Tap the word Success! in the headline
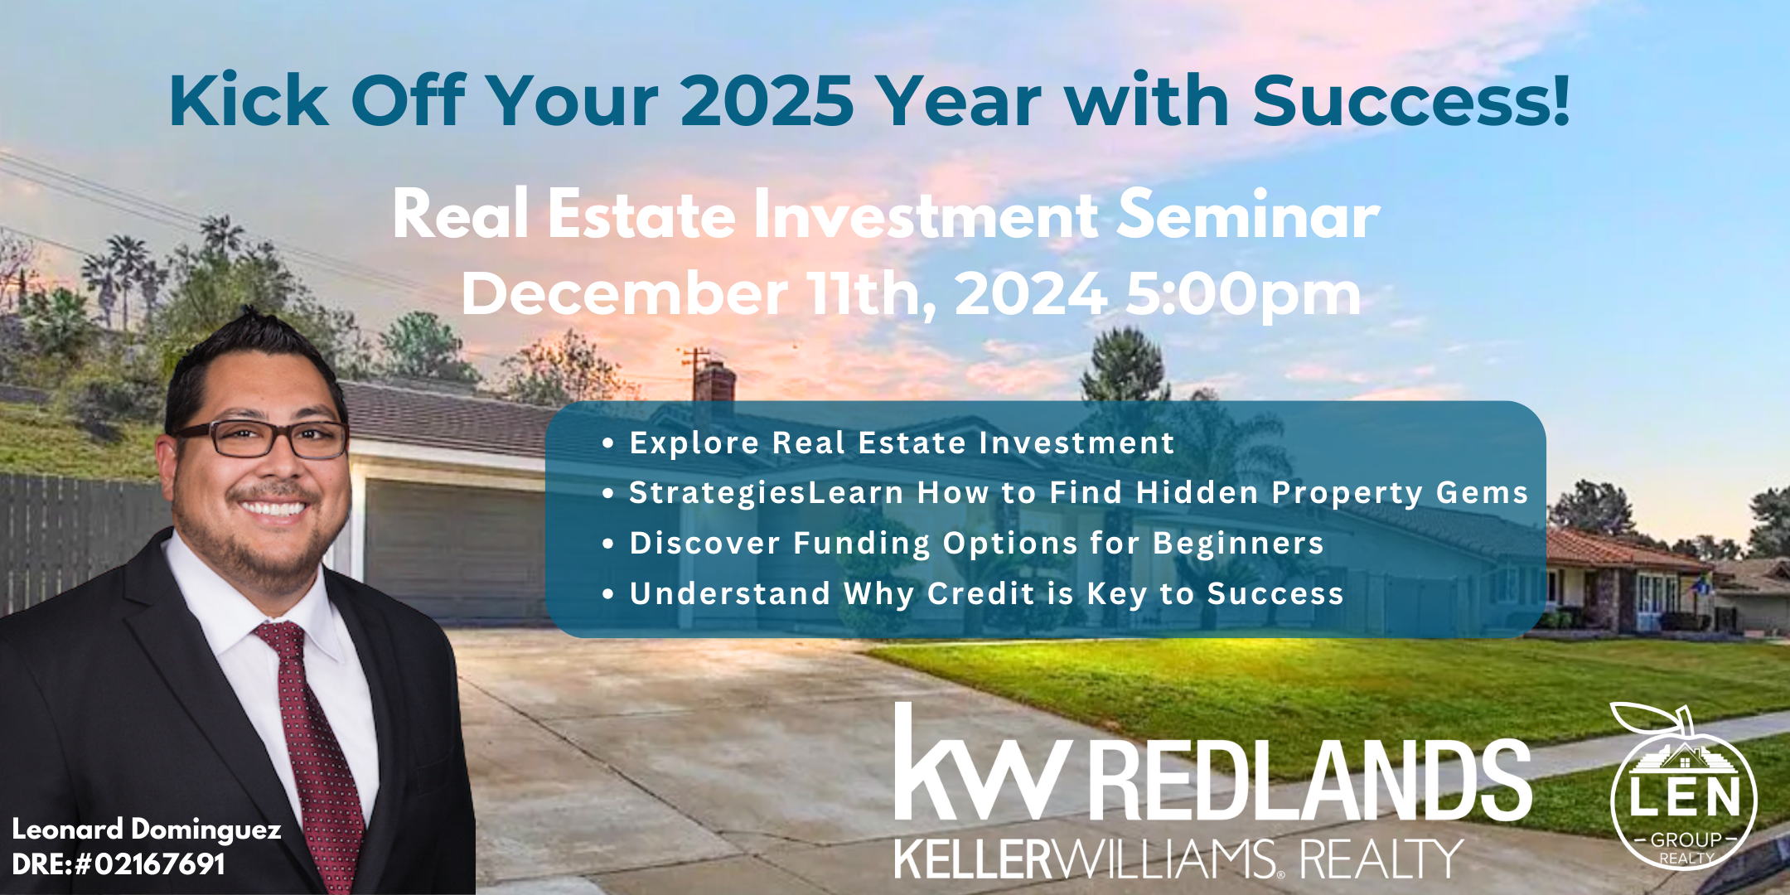pyautogui.click(x=1411, y=100)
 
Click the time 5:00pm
pyautogui.click(x=1243, y=295)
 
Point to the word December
pyautogui.click(x=625, y=293)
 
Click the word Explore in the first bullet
pyautogui.click(x=694, y=443)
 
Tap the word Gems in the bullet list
pyautogui.click(x=1483, y=492)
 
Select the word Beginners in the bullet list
pyautogui.click(x=1238, y=544)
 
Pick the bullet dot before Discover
pyautogui.click(x=609, y=544)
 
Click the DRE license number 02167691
pyautogui.click(x=159, y=864)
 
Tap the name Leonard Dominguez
pyautogui.click(x=147, y=830)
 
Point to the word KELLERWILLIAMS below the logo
pyautogui.click(x=1086, y=859)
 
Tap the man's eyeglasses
pyautogui.click(x=262, y=438)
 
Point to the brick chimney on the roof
pyautogui.click(x=714, y=383)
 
